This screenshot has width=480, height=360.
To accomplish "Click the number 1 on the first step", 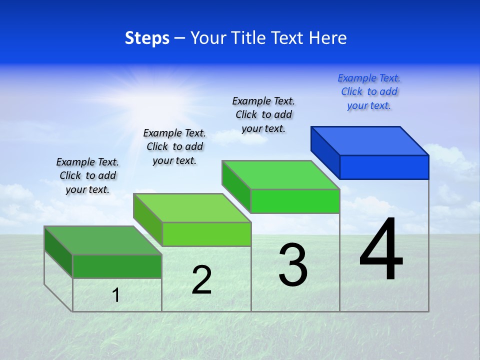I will click(x=116, y=295).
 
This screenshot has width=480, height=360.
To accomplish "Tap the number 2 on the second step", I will click(x=202, y=280).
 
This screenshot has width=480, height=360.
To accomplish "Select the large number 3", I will click(x=293, y=265).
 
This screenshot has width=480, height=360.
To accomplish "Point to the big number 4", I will click(x=381, y=249).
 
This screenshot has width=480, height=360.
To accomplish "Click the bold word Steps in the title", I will click(x=147, y=38).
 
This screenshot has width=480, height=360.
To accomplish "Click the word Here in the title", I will click(x=327, y=38).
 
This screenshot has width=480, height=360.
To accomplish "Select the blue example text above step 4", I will click(x=369, y=91).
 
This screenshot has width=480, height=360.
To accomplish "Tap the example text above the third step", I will click(x=263, y=114).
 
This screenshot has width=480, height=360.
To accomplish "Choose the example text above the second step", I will click(x=174, y=146).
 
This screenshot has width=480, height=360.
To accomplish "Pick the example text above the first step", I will click(x=87, y=175).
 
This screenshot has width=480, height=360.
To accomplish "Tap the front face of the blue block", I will click(x=384, y=167).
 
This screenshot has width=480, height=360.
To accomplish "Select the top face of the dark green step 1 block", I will click(x=103, y=240).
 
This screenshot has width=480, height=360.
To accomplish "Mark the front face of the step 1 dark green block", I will click(x=117, y=266).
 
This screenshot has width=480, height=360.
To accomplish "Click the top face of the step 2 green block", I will click(x=192, y=208).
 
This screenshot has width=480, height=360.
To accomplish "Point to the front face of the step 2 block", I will click(x=206, y=234).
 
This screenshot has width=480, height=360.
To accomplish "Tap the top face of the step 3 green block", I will click(x=281, y=175).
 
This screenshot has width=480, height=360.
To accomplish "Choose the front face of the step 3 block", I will click(x=295, y=201).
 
